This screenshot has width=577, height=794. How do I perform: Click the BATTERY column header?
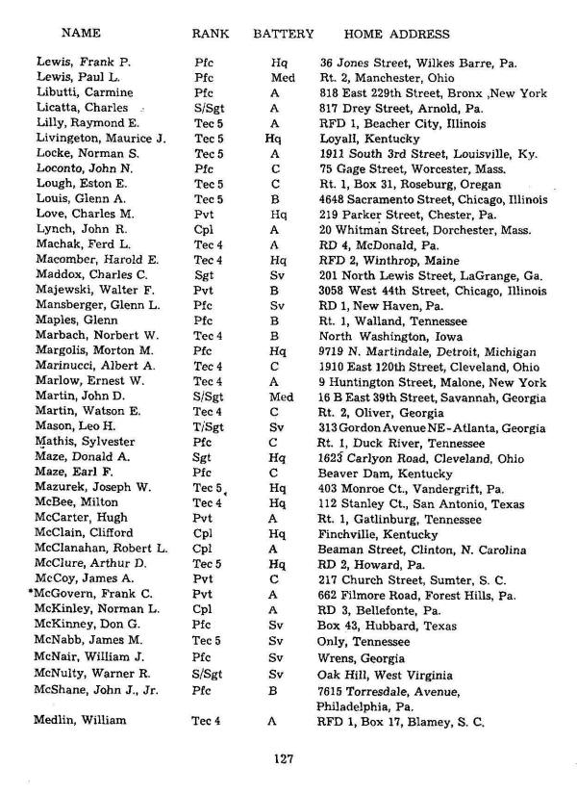click(283, 34)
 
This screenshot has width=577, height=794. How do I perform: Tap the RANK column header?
click(210, 34)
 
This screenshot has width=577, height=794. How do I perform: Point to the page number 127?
click(282, 758)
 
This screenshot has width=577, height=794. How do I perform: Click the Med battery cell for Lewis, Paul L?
click(282, 77)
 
